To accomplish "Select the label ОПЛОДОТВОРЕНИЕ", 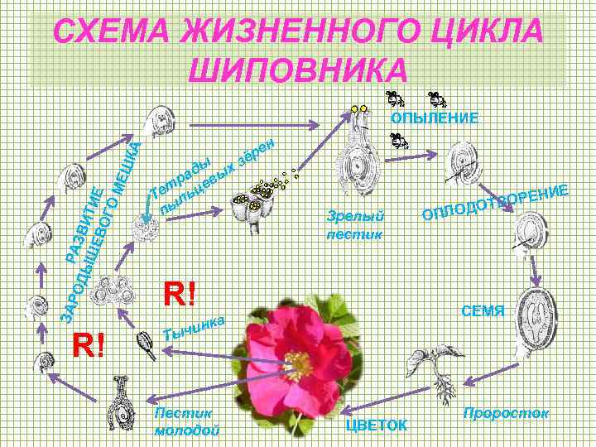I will click(x=495, y=204).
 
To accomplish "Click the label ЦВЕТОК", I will click(x=376, y=425).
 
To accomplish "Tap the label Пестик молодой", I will click(x=187, y=421).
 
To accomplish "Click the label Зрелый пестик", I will click(x=356, y=224).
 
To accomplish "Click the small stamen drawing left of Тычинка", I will click(x=146, y=345).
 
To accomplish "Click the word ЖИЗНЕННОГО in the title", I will click(x=297, y=33).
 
